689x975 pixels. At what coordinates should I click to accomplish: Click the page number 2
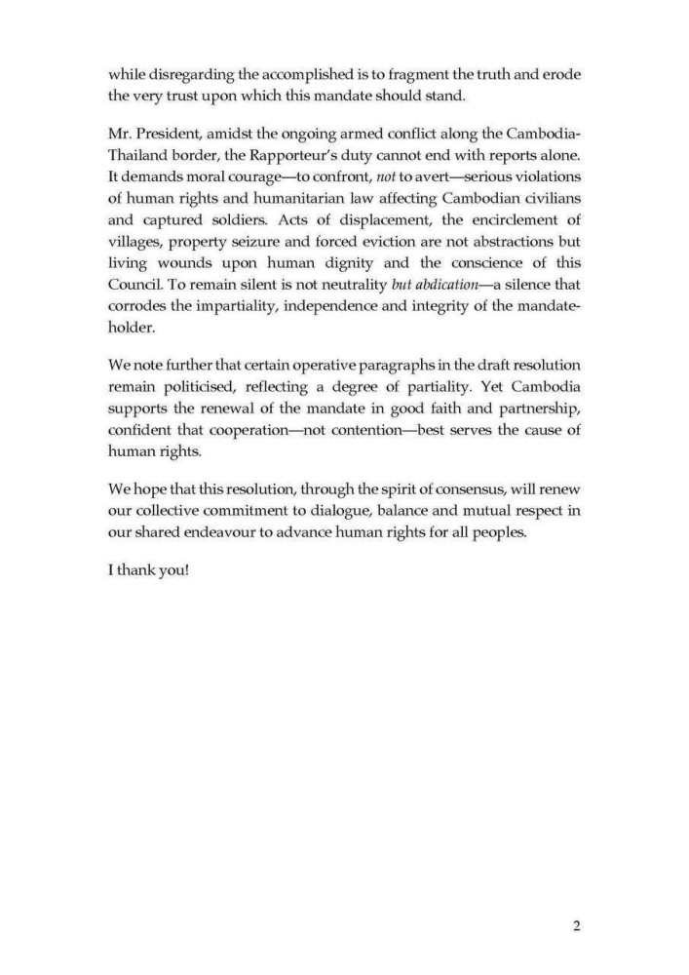(x=576, y=925)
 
